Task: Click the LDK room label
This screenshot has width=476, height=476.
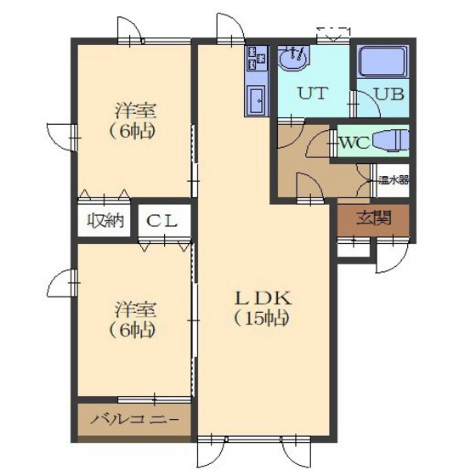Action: pyautogui.click(x=263, y=298)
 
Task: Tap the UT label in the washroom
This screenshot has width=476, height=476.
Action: pyautogui.click(x=313, y=93)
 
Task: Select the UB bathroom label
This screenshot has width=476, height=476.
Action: pyautogui.click(x=389, y=93)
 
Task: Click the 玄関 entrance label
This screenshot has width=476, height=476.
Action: pyautogui.click(x=374, y=218)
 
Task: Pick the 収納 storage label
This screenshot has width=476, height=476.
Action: pyautogui.click(x=105, y=220)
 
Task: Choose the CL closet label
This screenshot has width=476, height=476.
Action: pyautogui.click(x=161, y=221)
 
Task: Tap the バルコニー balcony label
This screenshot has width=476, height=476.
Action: pyautogui.click(x=134, y=420)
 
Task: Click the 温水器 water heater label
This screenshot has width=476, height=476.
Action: pyautogui.click(x=393, y=180)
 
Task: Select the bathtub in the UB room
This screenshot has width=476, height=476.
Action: pyautogui.click(x=382, y=62)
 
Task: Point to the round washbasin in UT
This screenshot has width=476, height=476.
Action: pyautogui.click(x=293, y=59)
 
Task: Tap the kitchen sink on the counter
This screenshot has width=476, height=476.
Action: pyautogui.click(x=257, y=100)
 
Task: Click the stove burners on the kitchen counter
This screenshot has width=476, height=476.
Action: pyautogui.click(x=257, y=58)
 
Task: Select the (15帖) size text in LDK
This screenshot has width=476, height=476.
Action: pyautogui.click(x=262, y=319)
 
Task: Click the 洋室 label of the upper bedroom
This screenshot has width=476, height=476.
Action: pyautogui.click(x=136, y=110)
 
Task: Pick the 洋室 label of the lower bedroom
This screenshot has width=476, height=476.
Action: pyautogui.click(x=136, y=309)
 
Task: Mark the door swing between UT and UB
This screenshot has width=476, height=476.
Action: pyautogui.click(x=369, y=105)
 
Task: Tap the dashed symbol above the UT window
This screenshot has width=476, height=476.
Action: pyautogui.click(x=333, y=34)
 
